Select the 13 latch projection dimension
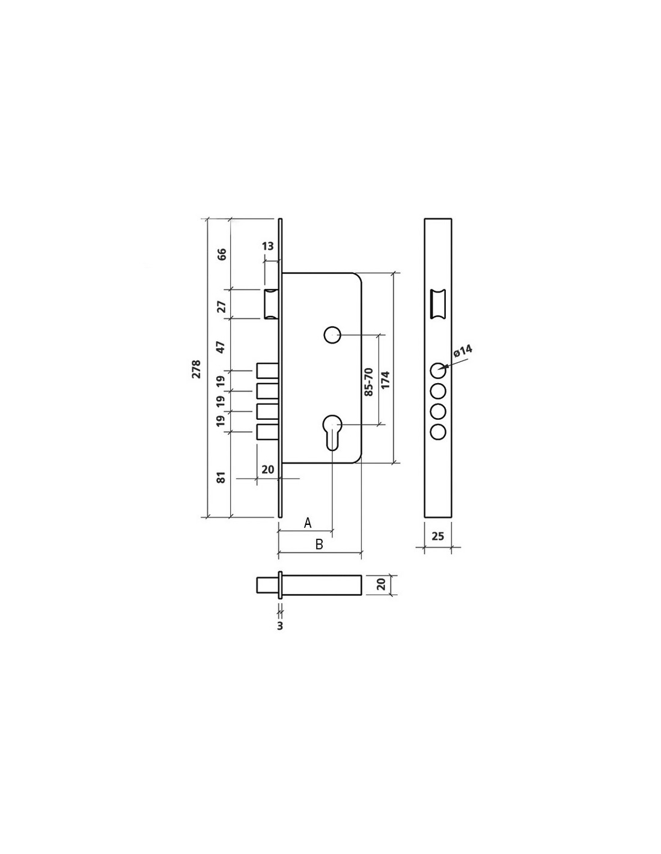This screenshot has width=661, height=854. point(268,246)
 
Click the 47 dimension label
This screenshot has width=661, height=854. point(221,347)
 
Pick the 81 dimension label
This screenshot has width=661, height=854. point(222,477)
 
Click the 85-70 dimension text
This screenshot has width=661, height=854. point(368,382)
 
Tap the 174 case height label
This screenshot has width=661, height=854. point(385,380)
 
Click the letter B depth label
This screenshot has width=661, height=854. point(319,544)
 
